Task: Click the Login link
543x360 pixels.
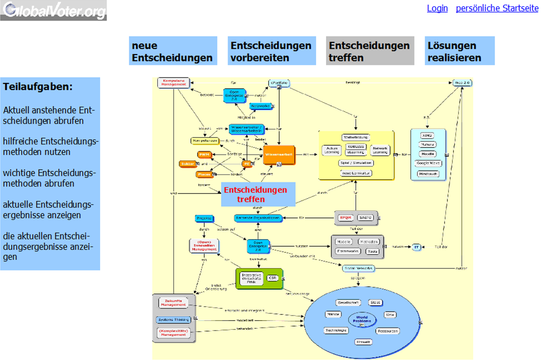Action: point(437,8)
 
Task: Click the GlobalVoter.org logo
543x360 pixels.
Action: point(53,10)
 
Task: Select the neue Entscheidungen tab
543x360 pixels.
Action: point(173,51)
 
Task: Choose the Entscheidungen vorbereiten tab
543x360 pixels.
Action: point(271,51)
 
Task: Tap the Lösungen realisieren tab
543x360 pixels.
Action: point(459,51)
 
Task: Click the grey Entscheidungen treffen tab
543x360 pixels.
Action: point(370,51)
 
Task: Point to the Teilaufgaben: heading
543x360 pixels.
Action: point(38,87)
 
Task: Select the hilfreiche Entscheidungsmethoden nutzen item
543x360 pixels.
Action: point(50,147)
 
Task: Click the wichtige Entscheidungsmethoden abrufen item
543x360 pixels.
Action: point(50,178)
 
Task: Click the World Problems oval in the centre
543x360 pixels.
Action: point(362,319)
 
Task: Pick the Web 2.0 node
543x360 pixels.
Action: point(462,83)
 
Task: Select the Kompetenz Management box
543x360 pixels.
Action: point(172,83)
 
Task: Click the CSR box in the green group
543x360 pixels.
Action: point(272,278)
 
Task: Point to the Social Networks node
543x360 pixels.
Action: point(359,268)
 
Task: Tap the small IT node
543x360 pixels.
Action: point(417,246)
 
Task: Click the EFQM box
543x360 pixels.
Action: point(345,217)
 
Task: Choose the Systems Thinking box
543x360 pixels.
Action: point(173,320)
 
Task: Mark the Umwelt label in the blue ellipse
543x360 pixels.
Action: point(363,342)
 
